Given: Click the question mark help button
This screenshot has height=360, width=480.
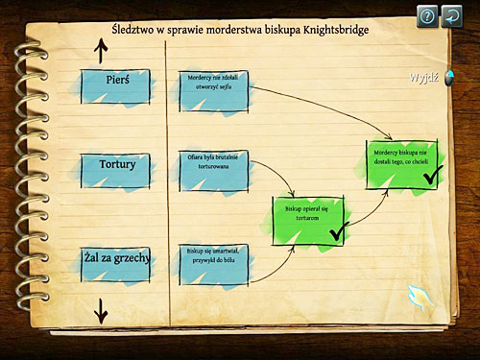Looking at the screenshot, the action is (426, 14).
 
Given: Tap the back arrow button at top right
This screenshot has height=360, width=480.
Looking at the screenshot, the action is (453, 14).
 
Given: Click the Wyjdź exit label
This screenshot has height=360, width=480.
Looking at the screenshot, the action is (423, 77).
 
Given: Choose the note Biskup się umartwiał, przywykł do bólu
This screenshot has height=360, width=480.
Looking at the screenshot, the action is (213, 261).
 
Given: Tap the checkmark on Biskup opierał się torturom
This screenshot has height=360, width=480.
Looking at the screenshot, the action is (337, 231).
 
